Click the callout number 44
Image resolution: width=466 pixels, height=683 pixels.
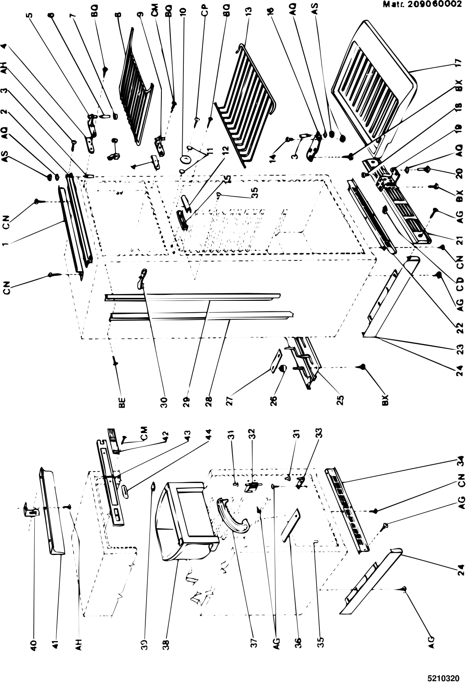pos(209,435)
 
